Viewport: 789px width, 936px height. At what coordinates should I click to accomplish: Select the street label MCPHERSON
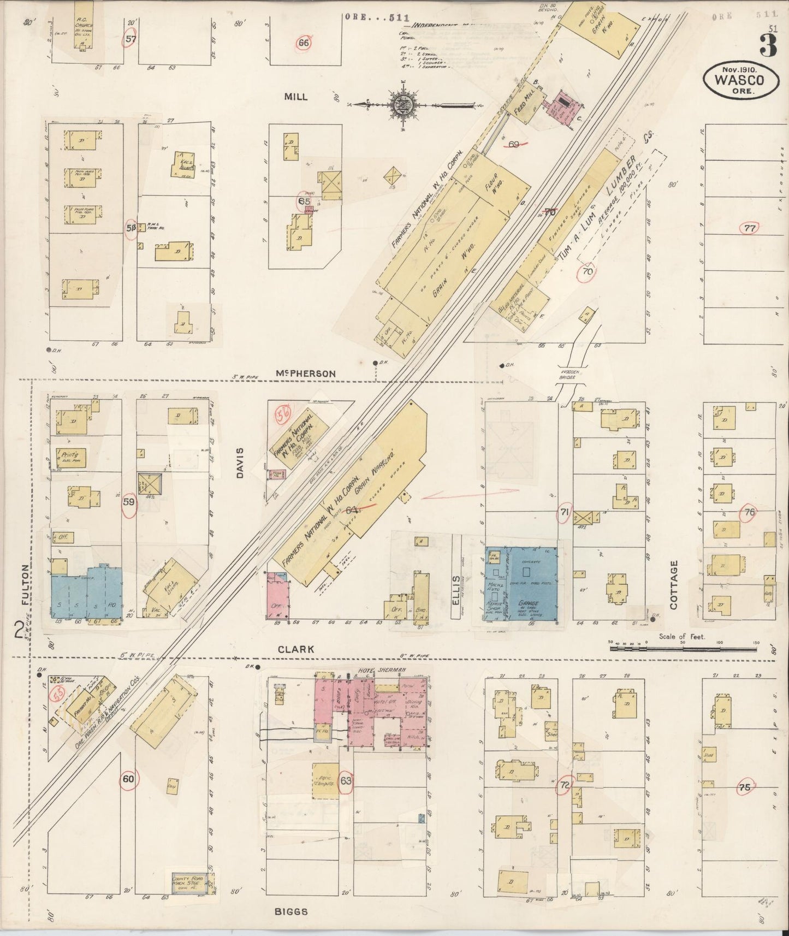click(x=306, y=374)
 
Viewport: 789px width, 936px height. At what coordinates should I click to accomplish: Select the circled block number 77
click(x=750, y=228)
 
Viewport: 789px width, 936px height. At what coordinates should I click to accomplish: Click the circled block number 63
click(x=346, y=780)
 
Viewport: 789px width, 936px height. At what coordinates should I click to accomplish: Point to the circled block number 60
click(x=128, y=779)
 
